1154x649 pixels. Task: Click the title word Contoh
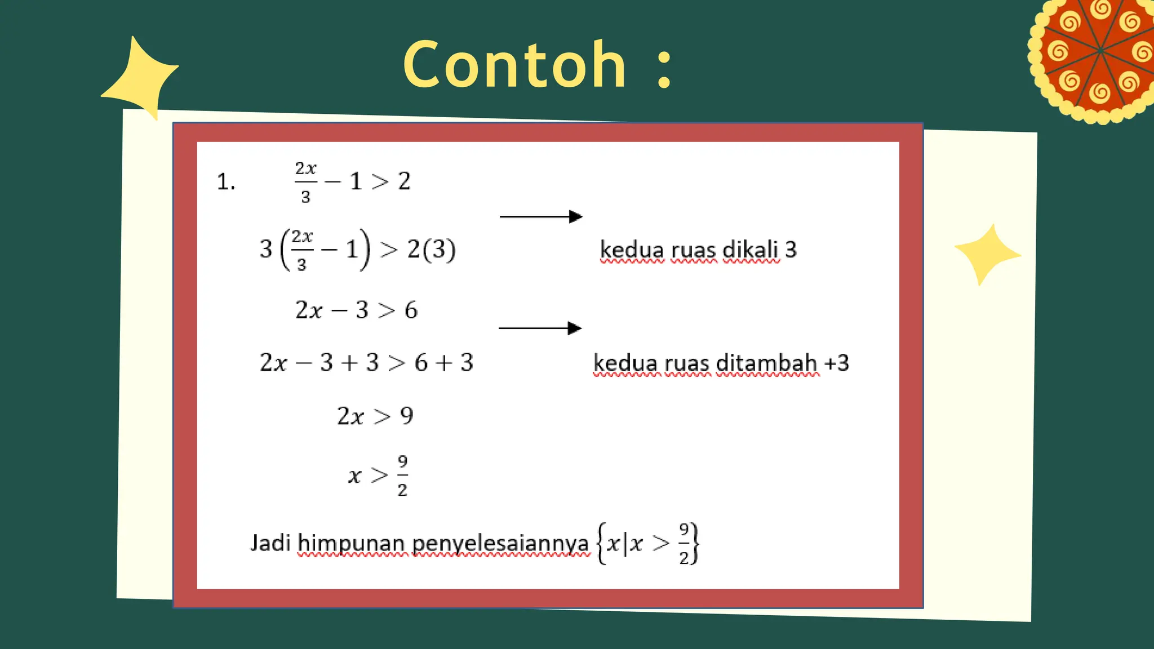coord(514,65)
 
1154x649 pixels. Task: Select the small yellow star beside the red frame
coord(987,254)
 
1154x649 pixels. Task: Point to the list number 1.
coord(225,182)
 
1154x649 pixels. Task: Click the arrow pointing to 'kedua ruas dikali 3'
coord(541,216)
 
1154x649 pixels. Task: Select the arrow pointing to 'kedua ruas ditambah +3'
coord(540,328)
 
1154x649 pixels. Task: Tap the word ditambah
coord(766,363)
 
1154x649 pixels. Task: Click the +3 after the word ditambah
coord(837,363)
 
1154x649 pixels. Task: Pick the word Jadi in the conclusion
coord(270,543)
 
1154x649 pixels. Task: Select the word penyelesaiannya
coord(500,544)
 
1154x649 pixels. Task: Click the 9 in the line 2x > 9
coord(406,416)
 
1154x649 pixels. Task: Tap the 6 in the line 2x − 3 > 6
coord(411,310)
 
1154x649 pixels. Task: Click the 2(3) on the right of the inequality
coord(431,249)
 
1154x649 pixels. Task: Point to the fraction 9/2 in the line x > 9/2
coord(402,476)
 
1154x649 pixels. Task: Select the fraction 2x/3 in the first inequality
coord(305,182)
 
